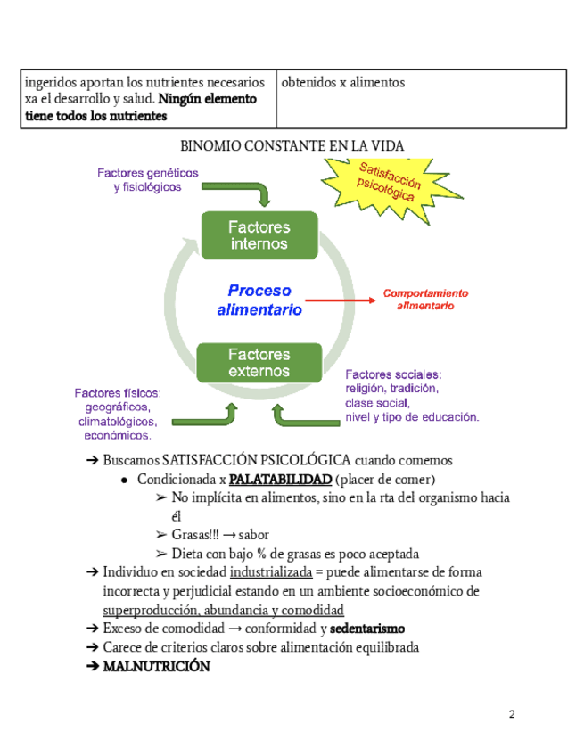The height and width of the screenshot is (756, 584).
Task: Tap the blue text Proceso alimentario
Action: click(259, 300)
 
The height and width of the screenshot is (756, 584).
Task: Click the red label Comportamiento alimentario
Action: click(425, 300)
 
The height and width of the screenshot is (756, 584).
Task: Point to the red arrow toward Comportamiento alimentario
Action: click(340, 301)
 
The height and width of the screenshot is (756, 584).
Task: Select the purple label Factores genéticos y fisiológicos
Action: click(148, 179)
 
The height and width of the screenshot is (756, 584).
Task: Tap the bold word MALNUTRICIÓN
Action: click(157, 666)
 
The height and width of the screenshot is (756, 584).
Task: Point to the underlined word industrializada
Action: click(270, 572)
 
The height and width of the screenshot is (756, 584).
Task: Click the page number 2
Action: click(512, 715)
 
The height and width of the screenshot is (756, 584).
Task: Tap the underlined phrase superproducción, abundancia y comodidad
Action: click(224, 610)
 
